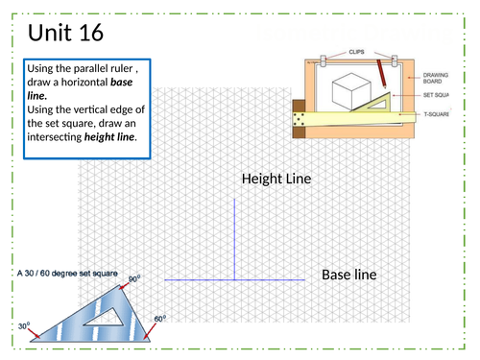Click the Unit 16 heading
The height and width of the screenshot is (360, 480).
pos(65,33)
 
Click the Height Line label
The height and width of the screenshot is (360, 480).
pos(276,179)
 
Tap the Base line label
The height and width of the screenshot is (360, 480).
pos(349,275)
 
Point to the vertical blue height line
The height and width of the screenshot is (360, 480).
pos(234,239)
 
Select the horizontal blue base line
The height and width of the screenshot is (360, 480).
pos(234,280)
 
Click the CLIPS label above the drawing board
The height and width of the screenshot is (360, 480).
pos(356,52)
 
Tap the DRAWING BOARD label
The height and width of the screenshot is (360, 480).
pos(436,78)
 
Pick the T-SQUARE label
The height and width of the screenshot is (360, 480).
pos(436,114)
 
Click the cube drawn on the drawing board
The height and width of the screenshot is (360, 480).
pos(351,91)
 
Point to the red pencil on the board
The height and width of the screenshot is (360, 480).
pos(381,74)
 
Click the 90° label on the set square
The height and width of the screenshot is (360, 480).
pos(134,279)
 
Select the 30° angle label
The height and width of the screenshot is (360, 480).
pos(24,325)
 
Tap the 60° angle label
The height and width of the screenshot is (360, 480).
pos(160,319)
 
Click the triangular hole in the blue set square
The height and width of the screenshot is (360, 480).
pos(105,319)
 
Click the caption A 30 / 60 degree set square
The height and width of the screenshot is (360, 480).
pos(67,274)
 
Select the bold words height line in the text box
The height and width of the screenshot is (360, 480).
pos(109,137)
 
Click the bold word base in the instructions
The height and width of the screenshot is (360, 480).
pos(121,83)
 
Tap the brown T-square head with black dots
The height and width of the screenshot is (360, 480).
pos(299,119)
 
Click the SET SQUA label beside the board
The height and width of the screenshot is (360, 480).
pos(436,95)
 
